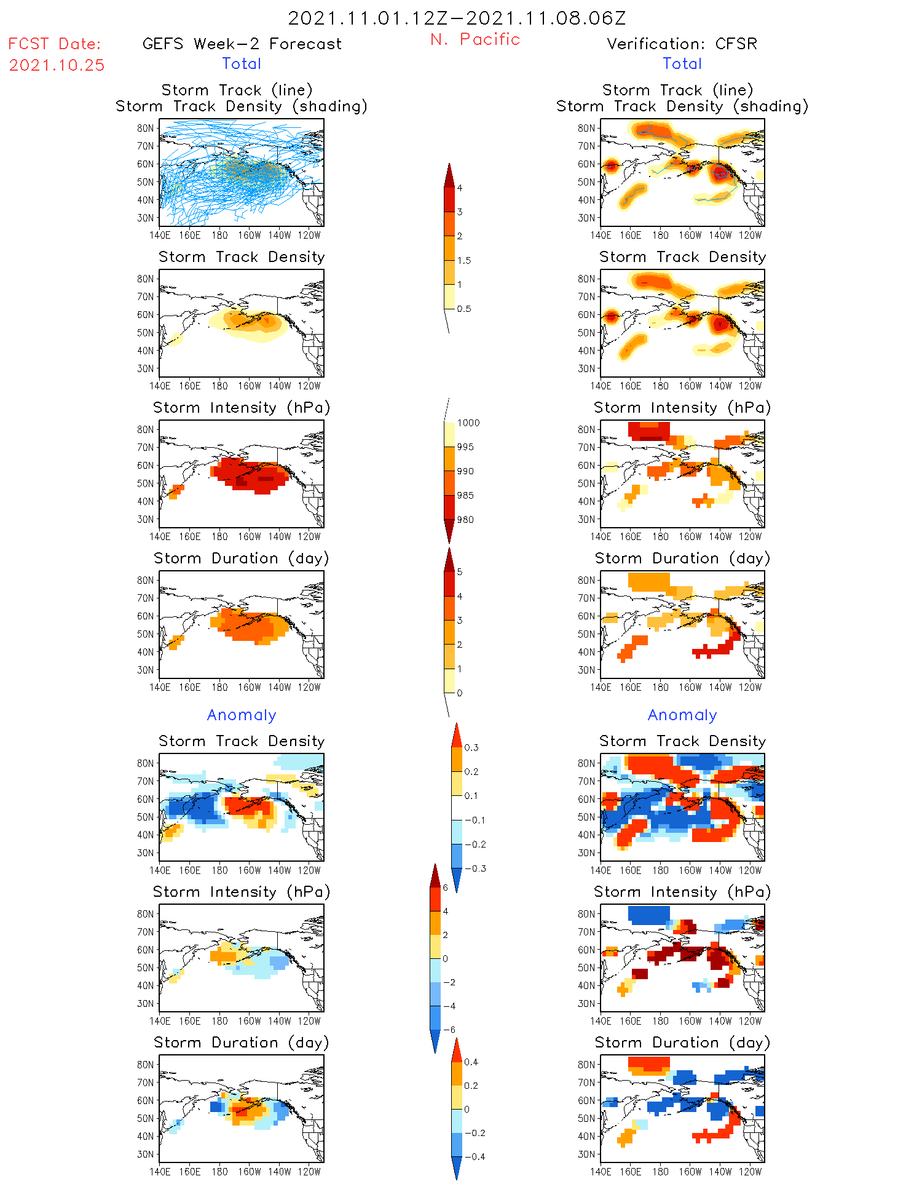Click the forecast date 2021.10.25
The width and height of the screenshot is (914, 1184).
(x=57, y=65)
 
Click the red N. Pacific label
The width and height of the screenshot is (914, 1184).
(x=475, y=39)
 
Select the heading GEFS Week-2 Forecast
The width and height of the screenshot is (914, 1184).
(x=242, y=44)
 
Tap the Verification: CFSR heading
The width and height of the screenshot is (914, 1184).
(x=682, y=44)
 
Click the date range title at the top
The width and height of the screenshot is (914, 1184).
(x=457, y=18)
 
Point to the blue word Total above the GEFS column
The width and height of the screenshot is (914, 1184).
(x=242, y=63)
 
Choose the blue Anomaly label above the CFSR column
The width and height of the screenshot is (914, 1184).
(x=682, y=715)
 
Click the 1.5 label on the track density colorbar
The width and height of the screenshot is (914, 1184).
(x=464, y=260)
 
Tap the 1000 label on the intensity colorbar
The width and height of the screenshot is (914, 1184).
(x=468, y=423)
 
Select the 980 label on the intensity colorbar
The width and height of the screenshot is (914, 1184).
(x=465, y=520)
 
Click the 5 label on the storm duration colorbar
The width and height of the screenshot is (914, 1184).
(x=460, y=572)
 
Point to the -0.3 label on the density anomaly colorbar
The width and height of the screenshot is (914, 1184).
(x=475, y=868)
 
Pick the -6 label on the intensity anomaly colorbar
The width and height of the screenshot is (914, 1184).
(x=449, y=1030)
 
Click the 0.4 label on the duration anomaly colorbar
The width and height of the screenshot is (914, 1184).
(x=471, y=1062)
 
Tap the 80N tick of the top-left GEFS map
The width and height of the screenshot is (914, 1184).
(x=145, y=128)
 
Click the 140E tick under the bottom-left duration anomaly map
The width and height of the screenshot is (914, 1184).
(x=160, y=1172)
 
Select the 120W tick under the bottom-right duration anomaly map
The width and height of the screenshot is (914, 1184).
(x=750, y=1172)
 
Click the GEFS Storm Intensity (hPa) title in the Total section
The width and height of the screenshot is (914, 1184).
(x=242, y=407)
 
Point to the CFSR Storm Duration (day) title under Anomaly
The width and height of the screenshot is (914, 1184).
(x=682, y=1043)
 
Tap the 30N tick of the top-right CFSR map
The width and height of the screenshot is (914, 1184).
(x=586, y=218)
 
